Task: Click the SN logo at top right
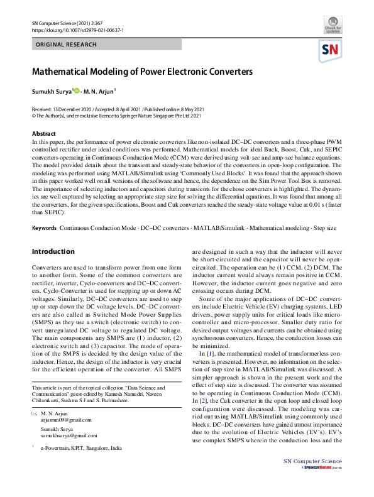(331, 50)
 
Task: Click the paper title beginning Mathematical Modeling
(142, 72)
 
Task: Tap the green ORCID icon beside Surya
(77, 91)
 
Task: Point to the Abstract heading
(44, 134)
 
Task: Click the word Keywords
(44, 226)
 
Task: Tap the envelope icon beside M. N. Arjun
(34, 415)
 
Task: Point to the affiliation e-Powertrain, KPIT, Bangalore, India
(82, 449)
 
